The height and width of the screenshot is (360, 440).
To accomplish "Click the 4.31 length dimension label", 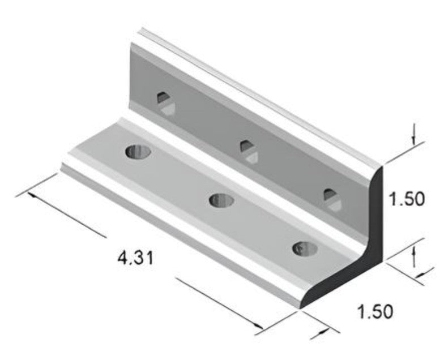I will tap(135, 259).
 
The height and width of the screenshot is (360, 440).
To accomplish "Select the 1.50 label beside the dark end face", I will tap(406, 199).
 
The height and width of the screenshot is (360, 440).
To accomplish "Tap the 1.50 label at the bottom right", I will tap(374, 311).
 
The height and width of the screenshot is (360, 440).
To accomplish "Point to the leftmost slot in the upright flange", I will tap(165, 102).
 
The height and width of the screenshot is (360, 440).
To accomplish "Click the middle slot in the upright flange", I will tap(248, 151).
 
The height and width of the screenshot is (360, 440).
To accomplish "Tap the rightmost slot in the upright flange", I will tap(332, 199).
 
